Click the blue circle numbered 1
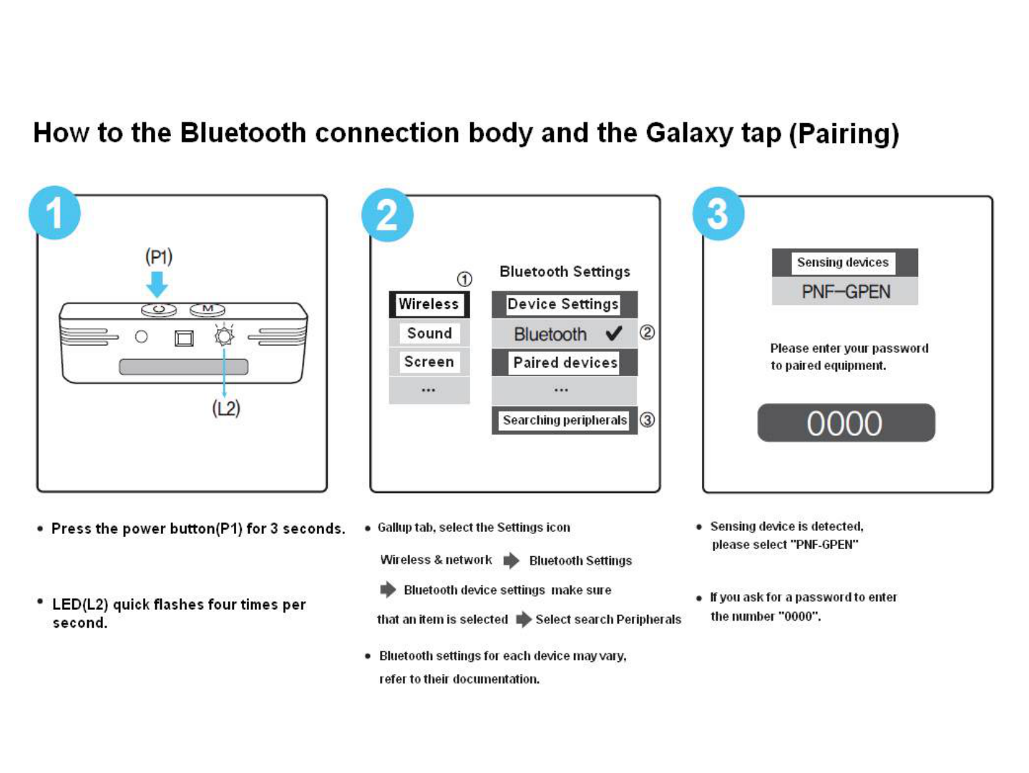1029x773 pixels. tap(54, 213)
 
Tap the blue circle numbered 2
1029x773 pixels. tap(387, 215)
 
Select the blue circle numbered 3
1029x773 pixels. tap(718, 213)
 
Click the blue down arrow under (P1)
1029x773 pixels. tap(157, 283)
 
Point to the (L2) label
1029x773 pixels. tap(226, 409)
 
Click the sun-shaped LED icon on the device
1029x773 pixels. tap(224, 336)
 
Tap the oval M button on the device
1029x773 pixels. tap(208, 309)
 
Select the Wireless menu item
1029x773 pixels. tap(429, 304)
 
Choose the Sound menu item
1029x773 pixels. tap(429, 334)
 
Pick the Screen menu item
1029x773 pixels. tap(429, 362)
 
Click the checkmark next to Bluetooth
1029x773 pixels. tap(614, 333)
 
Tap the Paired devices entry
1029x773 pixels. tap(565, 363)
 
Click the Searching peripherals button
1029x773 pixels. tap(565, 420)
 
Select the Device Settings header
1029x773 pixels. tap(563, 304)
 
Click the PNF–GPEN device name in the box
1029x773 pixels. tap(846, 292)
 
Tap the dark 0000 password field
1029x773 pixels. tap(846, 423)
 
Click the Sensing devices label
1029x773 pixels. tap(843, 263)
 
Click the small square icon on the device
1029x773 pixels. tap(185, 338)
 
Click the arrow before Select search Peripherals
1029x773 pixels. tap(524, 619)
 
